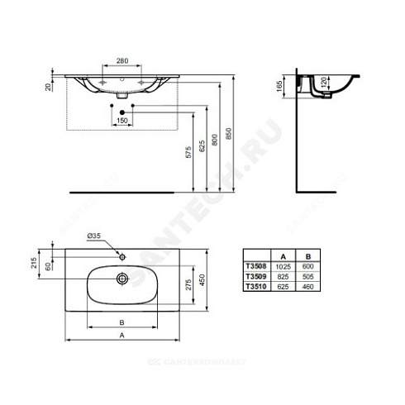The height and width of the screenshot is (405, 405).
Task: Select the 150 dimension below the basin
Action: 121,121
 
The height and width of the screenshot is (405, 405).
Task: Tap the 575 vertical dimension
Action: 190,152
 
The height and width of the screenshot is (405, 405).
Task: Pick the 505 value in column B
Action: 307,276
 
